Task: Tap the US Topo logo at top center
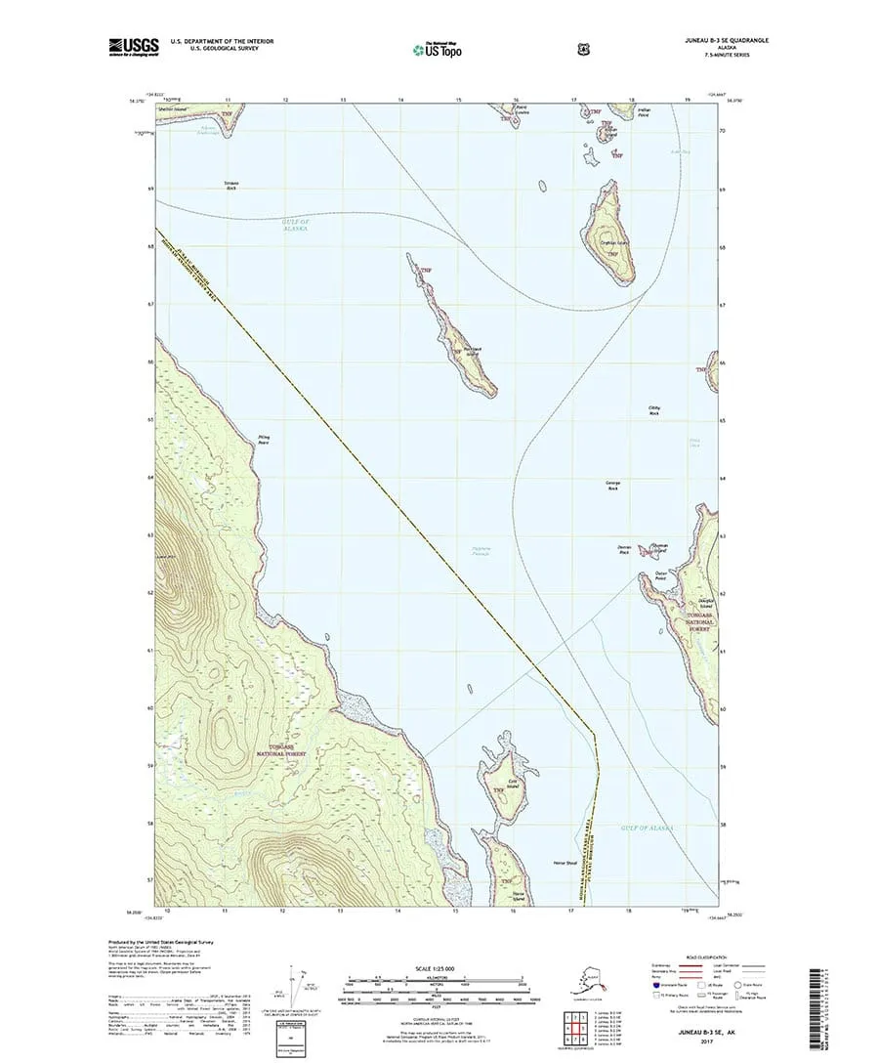(438, 47)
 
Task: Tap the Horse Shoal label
(566, 863)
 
